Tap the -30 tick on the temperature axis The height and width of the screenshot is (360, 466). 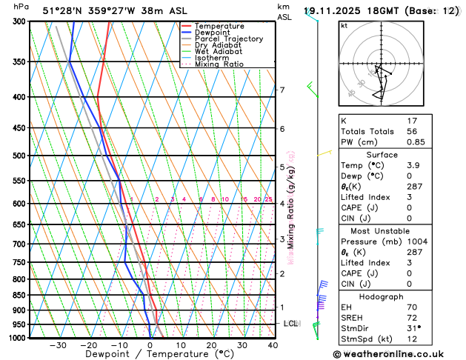[58, 345]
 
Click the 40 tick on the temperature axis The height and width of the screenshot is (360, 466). [273, 345]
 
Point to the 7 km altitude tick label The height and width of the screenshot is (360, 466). [282, 90]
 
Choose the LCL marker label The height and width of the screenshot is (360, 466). [291, 324]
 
